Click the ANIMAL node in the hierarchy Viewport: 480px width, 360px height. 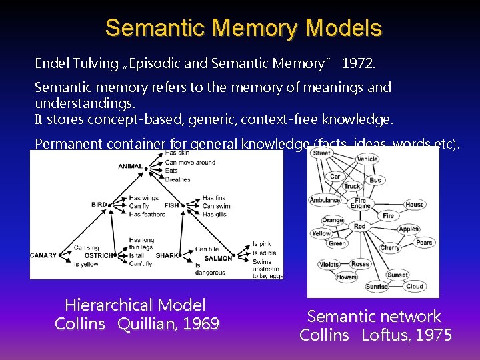(x=131, y=166)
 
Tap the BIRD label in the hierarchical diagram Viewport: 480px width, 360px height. (x=99, y=205)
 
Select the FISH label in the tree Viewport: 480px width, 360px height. (x=172, y=205)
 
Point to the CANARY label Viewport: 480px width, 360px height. (x=44, y=255)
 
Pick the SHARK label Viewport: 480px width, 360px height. (x=167, y=256)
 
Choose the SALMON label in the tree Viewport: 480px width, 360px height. (x=219, y=259)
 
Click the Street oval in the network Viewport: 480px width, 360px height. (x=321, y=153)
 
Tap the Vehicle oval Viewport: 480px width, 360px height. (x=367, y=159)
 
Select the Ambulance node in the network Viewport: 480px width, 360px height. (x=325, y=200)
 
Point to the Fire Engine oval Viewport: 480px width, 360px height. (x=360, y=203)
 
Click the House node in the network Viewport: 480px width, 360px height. (x=414, y=204)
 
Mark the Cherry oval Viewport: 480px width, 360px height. (x=390, y=247)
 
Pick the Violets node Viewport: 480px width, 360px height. (x=329, y=264)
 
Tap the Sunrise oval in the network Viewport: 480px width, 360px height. (x=377, y=287)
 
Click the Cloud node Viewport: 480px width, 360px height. (x=415, y=286)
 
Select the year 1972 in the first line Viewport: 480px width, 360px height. (x=359, y=63)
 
